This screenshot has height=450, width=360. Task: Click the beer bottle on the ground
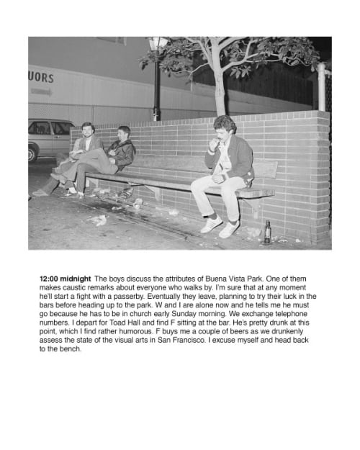tap(267, 232)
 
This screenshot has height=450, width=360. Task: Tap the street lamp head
tap(156, 45)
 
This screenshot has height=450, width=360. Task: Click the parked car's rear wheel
tap(33, 153)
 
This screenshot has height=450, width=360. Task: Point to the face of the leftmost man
tap(88, 132)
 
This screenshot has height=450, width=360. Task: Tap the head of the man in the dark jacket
tap(125, 133)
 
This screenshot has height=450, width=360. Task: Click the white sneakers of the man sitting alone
tap(219, 227)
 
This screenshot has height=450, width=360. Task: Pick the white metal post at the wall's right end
tap(322, 86)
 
